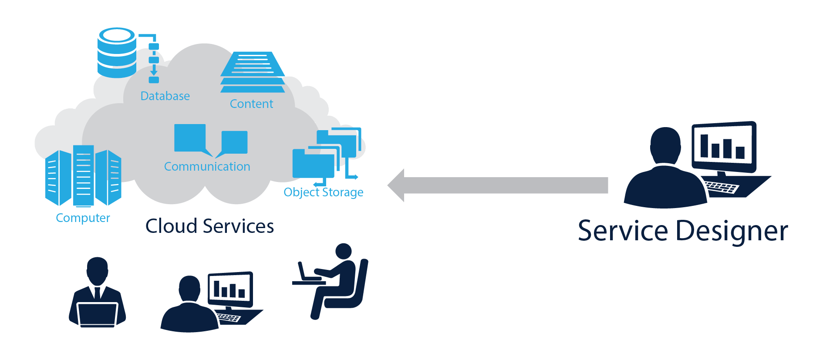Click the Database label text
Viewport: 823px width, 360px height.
pyautogui.click(x=165, y=96)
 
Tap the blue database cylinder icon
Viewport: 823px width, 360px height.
pyautogui.click(x=117, y=53)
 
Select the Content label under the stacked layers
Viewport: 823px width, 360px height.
pyautogui.click(x=251, y=104)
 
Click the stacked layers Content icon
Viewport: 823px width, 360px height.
pyautogui.click(x=253, y=72)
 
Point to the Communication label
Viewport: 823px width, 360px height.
pyautogui.click(x=207, y=166)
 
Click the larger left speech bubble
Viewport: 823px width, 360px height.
pyautogui.click(x=190, y=138)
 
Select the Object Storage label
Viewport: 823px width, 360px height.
pyautogui.click(x=323, y=192)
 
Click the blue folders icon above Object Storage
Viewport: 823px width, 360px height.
pyautogui.click(x=327, y=153)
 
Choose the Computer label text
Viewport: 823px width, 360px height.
pyautogui.click(x=83, y=218)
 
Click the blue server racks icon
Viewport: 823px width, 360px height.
pyautogui.click(x=83, y=176)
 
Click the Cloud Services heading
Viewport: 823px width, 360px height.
pyautogui.click(x=209, y=226)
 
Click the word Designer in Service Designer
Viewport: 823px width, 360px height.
pyautogui.click(x=732, y=231)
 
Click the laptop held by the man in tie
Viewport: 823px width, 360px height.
pyautogui.click(x=97, y=314)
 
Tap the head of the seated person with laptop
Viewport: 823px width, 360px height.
pyautogui.click(x=344, y=251)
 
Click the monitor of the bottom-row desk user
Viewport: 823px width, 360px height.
pyautogui.click(x=230, y=288)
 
